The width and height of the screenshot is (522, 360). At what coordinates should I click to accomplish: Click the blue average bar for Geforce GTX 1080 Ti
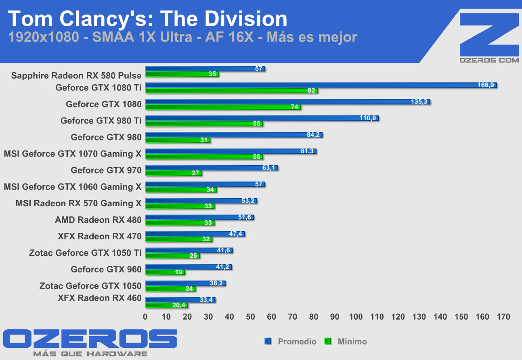click(x=321, y=85)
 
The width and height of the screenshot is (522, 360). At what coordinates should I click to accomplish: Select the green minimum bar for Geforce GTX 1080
click(x=223, y=107)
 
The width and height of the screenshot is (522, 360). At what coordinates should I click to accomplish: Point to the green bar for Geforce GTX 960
click(x=165, y=272)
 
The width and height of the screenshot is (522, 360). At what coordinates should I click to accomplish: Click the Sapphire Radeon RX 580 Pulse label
click(x=76, y=75)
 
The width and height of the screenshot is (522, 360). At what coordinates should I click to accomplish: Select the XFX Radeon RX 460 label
click(x=100, y=298)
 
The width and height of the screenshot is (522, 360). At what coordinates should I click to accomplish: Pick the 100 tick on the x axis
click(x=356, y=317)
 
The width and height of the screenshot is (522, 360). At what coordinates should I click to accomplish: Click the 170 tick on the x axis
click(x=503, y=317)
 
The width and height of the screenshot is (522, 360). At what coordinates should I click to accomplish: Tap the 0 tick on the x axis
click(x=145, y=317)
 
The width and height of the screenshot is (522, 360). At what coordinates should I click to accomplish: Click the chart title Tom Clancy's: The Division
click(x=148, y=19)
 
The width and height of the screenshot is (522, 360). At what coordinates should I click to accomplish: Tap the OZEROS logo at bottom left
click(x=90, y=339)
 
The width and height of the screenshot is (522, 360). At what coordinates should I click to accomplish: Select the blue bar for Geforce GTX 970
click(x=211, y=168)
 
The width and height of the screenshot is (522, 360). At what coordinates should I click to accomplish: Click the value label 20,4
click(x=178, y=306)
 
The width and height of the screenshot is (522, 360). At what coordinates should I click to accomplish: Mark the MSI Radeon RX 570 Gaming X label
click(x=79, y=203)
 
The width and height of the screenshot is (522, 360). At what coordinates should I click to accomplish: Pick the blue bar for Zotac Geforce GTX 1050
click(x=185, y=283)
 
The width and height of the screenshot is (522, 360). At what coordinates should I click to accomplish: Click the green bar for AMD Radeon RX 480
click(x=180, y=223)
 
